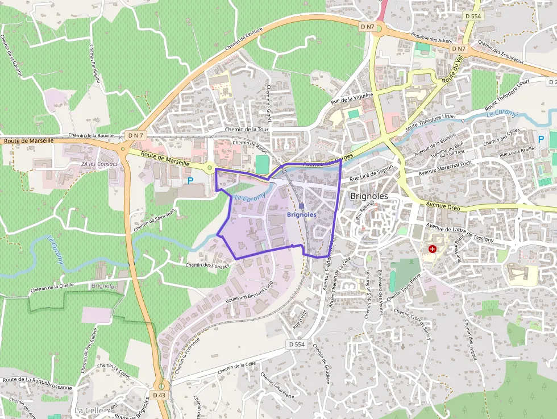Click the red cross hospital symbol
click(433, 249)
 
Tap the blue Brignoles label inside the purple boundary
click(302, 215)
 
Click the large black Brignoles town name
click(369, 196)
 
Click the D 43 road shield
click(159, 395)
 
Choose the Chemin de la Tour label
click(247, 130)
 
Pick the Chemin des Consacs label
click(207, 265)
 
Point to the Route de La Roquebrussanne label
click(38, 383)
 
